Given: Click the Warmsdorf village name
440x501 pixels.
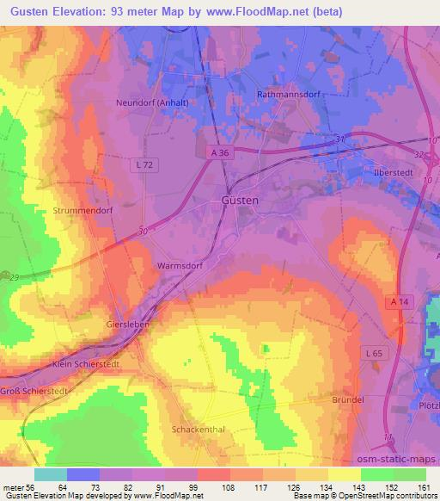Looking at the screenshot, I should click(179, 267).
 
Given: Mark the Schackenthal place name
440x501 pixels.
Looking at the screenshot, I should click(197, 428).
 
